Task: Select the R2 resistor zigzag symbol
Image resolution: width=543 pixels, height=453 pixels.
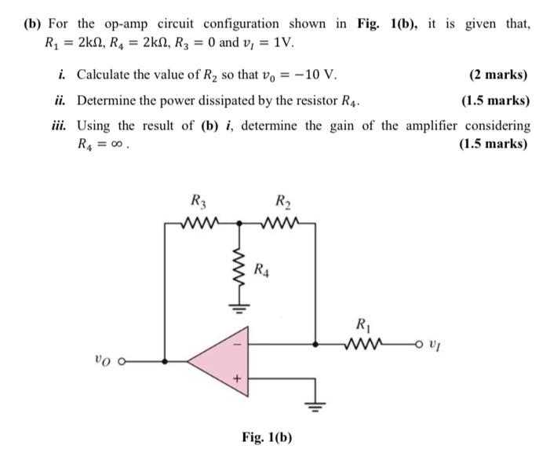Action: [x=280, y=223]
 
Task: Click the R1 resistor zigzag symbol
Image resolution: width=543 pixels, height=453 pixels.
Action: [x=363, y=343]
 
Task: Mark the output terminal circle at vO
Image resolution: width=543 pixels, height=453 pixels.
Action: [x=123, y=362]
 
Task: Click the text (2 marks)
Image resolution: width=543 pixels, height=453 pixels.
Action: [x=497, y=75]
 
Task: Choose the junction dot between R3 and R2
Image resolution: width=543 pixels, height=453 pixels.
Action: [x=239, y=223]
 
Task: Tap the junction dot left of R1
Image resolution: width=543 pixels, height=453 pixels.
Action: [x=315, y=343]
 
